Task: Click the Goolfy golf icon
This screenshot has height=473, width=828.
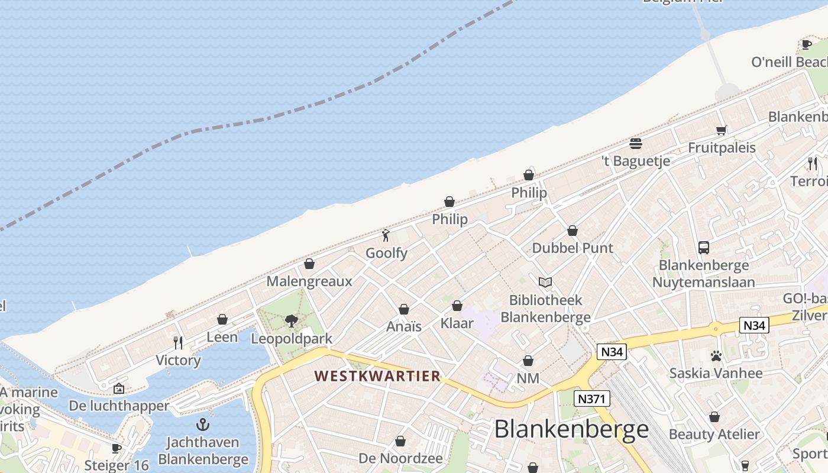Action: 386,235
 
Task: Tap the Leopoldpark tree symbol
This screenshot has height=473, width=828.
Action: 291,321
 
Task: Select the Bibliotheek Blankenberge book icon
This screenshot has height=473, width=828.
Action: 545,283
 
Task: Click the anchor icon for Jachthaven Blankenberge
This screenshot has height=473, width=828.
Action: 203,425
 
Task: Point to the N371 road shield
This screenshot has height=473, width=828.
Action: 591,399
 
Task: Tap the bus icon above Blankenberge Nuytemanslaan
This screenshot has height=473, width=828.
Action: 703,247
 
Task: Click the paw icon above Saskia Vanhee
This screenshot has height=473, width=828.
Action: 716,356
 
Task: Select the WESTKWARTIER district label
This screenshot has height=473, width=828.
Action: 377,376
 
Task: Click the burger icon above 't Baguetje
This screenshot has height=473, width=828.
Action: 636,143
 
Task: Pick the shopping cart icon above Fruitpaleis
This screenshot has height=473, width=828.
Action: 721,130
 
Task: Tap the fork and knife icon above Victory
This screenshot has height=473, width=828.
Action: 178,342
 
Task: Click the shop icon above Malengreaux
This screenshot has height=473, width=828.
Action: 309,264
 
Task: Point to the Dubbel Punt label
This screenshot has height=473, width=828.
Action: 573,248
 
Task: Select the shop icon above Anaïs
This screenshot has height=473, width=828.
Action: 404,309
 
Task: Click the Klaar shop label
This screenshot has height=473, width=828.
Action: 457,323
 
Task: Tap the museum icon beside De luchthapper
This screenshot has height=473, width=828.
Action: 118,388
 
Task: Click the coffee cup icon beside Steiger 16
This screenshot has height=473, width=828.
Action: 117,448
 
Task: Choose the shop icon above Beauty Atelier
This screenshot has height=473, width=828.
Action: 714,417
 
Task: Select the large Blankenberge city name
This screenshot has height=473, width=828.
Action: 571,429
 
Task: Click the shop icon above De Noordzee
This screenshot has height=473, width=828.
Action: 400,441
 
